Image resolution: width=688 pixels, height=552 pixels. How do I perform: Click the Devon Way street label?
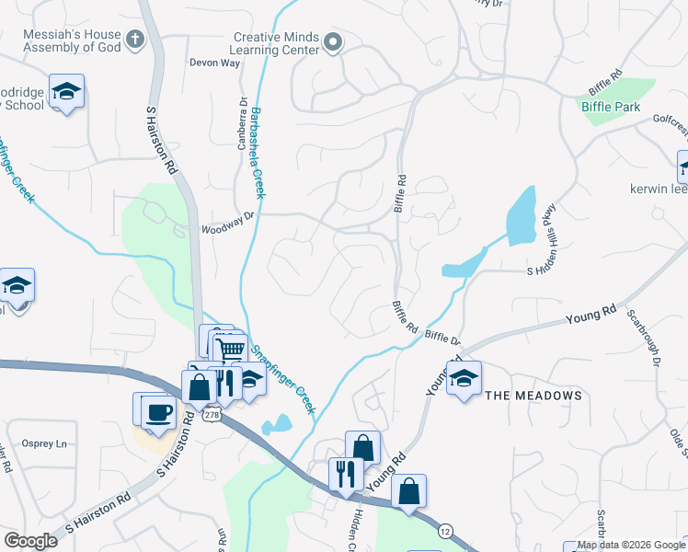(x=214, y=63)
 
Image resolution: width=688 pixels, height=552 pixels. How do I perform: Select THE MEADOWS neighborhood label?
(x=533, y=396)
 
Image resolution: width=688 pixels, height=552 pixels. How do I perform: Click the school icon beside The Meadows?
(x=464, y=377)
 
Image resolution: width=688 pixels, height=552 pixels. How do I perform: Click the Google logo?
(x=31, y=541)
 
